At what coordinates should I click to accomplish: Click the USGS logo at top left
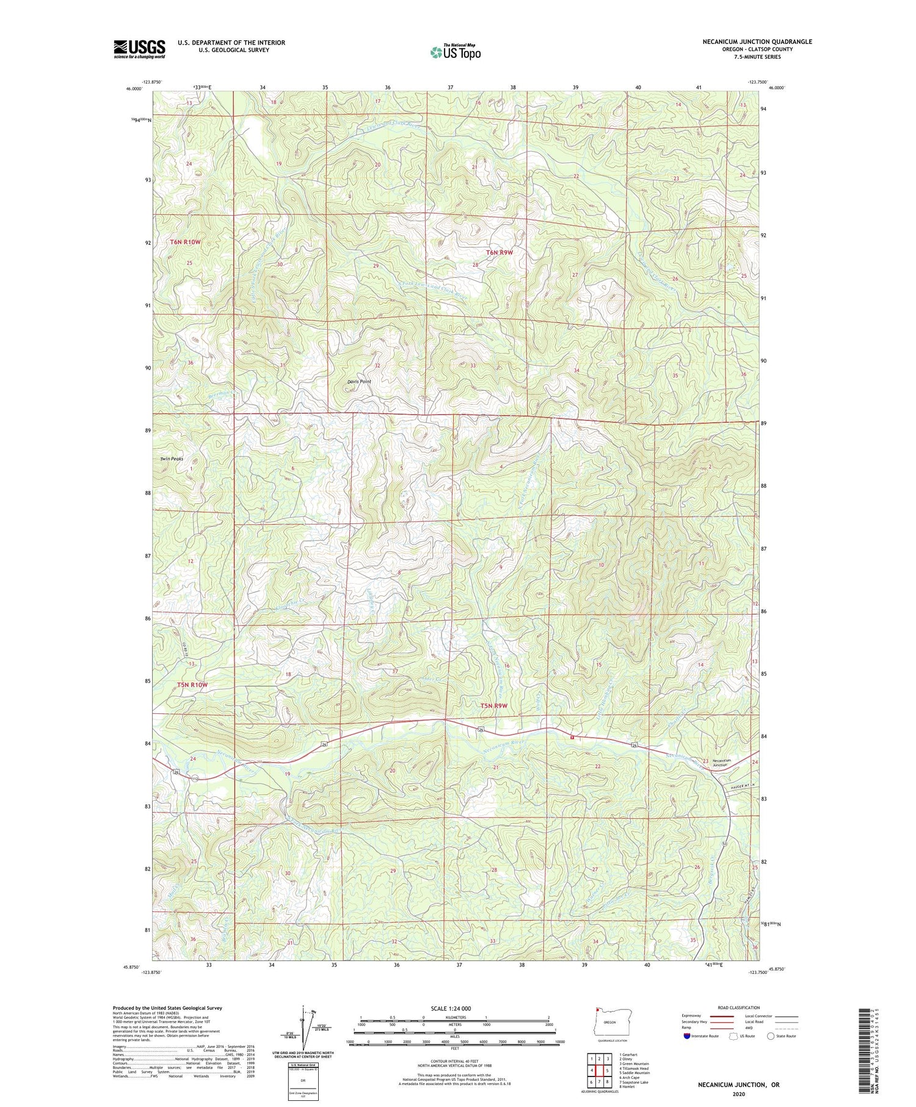139,49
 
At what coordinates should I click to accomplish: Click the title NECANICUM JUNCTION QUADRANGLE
757,42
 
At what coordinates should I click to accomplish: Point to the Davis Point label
359,382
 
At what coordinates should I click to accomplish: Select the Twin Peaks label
172,459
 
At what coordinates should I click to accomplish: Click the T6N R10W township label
185,242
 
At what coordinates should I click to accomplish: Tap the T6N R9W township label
500,252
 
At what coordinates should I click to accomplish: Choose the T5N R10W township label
192,685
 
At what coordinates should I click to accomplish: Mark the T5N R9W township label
493,706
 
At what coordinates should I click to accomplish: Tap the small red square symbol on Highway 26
572,737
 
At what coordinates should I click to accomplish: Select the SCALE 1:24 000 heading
454,1008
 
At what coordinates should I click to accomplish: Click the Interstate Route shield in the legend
688,1036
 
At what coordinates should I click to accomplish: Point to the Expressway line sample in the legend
721,1016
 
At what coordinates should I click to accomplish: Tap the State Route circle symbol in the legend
771,1036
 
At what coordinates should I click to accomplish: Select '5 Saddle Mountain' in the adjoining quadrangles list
634,1073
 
